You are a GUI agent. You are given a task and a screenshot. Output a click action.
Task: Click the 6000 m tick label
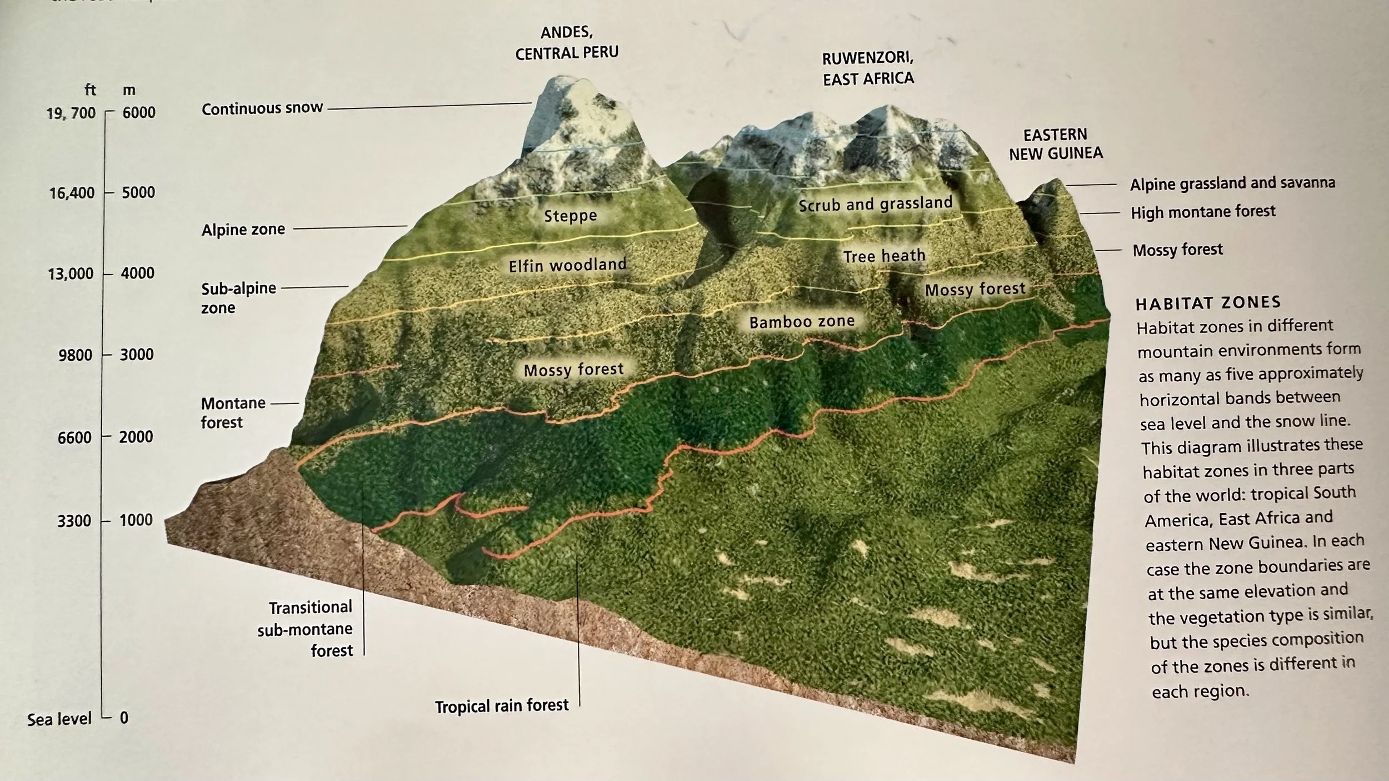tap(139, 112)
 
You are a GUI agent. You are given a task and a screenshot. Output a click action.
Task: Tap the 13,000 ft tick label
tap(71, 274)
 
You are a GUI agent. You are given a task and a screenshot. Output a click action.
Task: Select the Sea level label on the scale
tap(59, 719)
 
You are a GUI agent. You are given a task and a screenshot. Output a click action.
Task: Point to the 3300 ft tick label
tap(74, 521)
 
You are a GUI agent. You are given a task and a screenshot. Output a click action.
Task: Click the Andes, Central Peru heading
tap(567, 43)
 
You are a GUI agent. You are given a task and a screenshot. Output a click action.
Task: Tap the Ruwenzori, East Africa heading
tap(868, 68)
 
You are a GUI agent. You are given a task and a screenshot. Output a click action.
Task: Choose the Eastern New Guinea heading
tap(1056, 144)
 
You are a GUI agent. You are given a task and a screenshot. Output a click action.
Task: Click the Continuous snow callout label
tap(262, 108)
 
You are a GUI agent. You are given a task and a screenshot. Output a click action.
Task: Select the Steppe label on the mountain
tap(570, 216)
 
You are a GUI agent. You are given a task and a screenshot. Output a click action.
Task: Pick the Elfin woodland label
tap(567, 265)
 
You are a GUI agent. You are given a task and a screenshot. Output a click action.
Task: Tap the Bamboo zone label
tap(802, 322)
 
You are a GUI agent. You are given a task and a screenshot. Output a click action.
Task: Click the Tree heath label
tap(884, 256)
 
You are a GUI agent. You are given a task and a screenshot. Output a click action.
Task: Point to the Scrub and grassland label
tap(875, 205)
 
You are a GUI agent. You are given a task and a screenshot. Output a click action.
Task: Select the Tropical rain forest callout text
tap(502, 706)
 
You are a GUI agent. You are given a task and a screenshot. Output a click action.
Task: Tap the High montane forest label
tap(1203, 212)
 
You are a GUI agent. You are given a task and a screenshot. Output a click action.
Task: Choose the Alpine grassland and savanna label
tap(1232, 183)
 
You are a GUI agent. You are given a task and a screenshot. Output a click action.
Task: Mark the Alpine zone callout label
tap(243, 229)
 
